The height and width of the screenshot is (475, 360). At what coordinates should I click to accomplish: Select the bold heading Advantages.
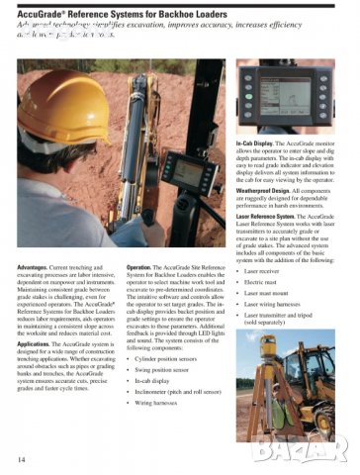[35, 240]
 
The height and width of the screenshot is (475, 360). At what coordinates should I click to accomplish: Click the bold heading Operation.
[139, 240]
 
